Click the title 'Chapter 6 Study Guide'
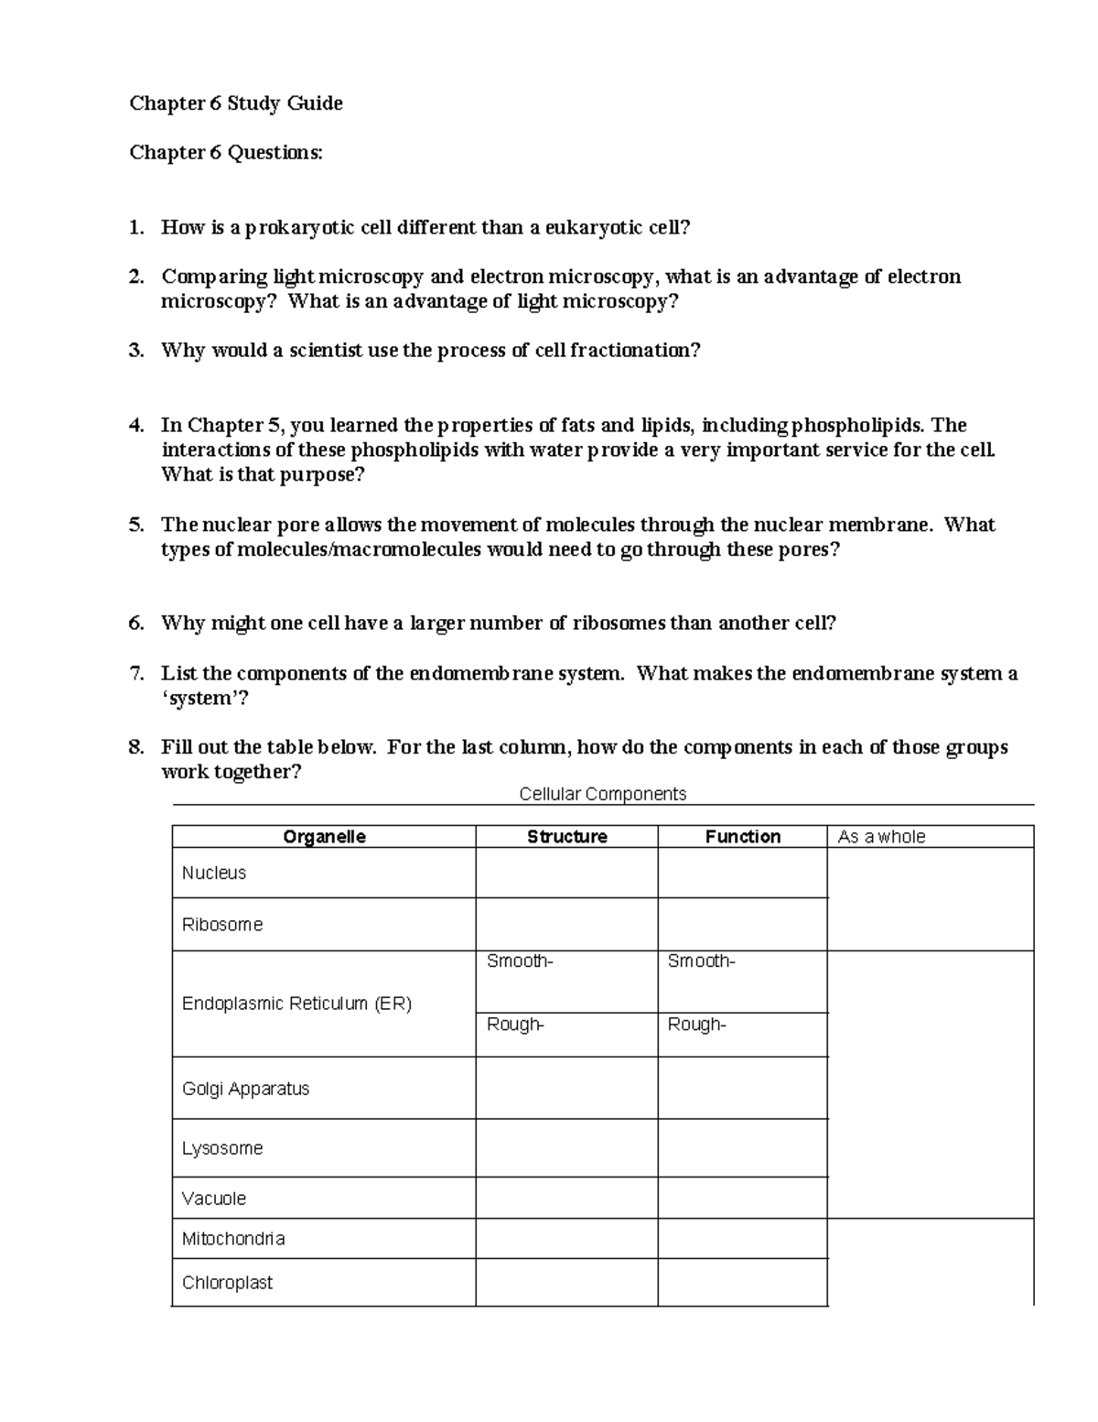click(x=236, y=103)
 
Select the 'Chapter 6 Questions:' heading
click(x=226, y=153)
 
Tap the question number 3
click(x=136, y=351)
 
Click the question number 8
click(x=136, y=747)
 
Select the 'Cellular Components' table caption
click(x=602, y=794)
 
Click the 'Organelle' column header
click(x=324, y=837)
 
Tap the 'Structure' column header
click(x=566, y=837)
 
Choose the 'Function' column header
click(x=742, y=837)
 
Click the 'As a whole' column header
click(x=881, y=837)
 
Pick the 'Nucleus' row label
click(x=214, y=874)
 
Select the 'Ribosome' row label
click(x=222, y=925)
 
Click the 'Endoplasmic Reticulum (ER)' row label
click(x=296, y=1004)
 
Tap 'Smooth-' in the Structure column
click(x=520, y=961)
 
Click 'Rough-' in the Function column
click(x=696, y=1026)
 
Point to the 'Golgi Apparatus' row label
click(x=245, y=1090)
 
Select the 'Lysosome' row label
click(x=222, y=1148)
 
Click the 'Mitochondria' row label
click(x=233, y=1239)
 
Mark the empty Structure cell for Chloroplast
click(x=566, y=1282)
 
